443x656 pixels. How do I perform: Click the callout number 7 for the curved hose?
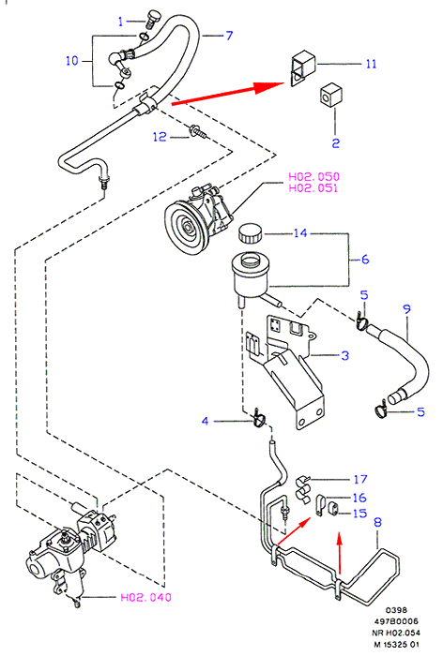tap(229, 36)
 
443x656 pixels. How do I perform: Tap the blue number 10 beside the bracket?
tap(72, 61)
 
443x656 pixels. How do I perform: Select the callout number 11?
tap(371, 64)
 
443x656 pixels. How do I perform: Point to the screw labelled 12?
tap(198, 131)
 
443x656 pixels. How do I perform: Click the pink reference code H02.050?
tap(313, 176)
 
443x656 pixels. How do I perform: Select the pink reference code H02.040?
tap(146, 597)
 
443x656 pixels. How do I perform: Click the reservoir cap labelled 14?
tap(250, 233)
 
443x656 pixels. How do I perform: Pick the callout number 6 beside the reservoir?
tap(365, 260)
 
